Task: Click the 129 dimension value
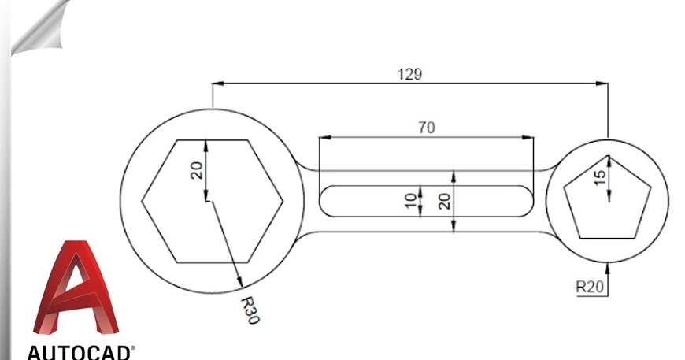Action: pyautogui.click(x=410, y=74)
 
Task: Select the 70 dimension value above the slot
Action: pyautogui.click(x=426, y=128)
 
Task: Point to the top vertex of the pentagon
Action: pyautogui.click(x=608, y=158)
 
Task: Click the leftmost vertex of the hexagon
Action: pyautogui.click(x=142, y=201)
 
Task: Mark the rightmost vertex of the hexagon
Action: pyautogui.click(x=283, y=201)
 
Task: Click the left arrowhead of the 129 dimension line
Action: pyautogui.click(x=217, y=82)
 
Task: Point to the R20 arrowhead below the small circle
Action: pyautogui.click(x=608, y=268)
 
